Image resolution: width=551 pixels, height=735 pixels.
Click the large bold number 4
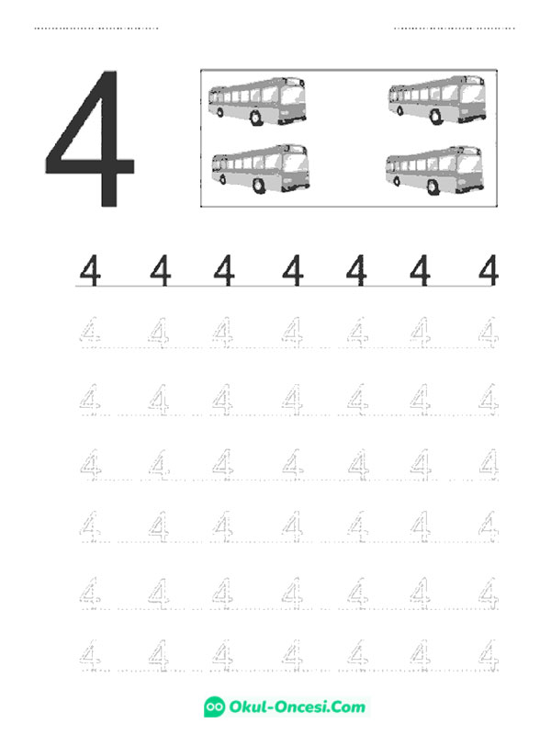coord(94,141)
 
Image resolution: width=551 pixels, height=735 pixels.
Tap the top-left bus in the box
coord(257,101)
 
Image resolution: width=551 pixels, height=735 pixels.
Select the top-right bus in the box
coord(437,100)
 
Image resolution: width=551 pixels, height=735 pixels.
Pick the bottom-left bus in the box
coord(260,169)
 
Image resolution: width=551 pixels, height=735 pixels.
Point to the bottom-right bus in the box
coord(434,171)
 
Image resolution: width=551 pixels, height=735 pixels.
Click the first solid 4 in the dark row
coord(90,270)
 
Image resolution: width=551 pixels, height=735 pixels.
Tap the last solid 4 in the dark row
coord(489,270)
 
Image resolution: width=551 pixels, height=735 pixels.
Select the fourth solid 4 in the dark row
coord(293,270)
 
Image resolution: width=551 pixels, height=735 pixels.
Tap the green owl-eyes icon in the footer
coord(214,707)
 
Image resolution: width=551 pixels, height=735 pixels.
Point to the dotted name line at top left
coord(96,28)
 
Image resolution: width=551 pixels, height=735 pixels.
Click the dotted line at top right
coord(454,28)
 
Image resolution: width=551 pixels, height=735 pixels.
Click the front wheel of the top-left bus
coord(255,118)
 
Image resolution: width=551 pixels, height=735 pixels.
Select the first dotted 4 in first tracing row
coord(90,333)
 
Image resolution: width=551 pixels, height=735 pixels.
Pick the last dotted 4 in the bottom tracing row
coord(489,655)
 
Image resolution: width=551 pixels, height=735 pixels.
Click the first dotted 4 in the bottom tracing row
coord(90,655)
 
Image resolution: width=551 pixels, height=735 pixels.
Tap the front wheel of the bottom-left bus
coord(259,186)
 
